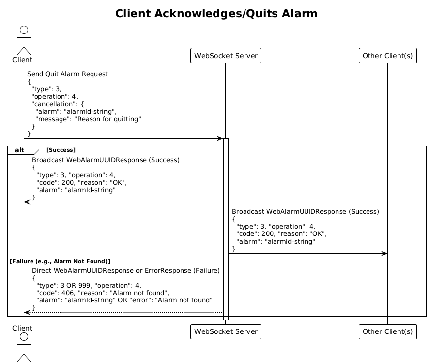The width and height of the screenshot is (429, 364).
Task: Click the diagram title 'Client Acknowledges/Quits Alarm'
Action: [x=216, y=13]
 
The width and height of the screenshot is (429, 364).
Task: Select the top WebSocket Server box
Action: [x=226, y=56]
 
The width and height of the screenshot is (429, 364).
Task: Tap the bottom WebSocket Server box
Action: [x=226, y=331]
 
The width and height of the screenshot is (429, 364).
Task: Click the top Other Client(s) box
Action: [x=387, y=56]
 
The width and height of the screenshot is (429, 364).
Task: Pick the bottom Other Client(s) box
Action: [x=387, y=331]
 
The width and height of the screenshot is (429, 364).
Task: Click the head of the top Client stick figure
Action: [x=24, y=30]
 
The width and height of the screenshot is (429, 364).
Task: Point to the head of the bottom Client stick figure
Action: [x=24, y=337]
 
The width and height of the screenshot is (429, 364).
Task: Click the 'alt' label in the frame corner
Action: [x=19, y=150]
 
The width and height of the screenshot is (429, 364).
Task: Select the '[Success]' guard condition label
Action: [x=61, y=150]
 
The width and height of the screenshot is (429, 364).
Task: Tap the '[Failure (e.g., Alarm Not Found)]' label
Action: [x=60, y=261]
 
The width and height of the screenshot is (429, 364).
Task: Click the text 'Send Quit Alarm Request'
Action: [x=67, y=74]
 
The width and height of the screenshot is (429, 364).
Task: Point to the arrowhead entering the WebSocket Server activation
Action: [x=220, y=138]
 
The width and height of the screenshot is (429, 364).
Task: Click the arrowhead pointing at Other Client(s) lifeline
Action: [x=384, y=253]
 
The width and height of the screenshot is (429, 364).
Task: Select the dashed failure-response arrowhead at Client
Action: [x=27, y=312]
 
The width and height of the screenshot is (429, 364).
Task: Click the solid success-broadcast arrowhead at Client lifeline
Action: [x=27, y=202]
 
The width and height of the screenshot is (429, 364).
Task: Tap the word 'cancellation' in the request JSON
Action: [x=53, y=104]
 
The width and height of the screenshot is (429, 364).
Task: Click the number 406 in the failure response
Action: [x=68, y=293]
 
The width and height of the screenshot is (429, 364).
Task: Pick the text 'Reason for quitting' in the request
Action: [x=108, y=119]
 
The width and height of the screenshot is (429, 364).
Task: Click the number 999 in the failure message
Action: [x=84, y=285]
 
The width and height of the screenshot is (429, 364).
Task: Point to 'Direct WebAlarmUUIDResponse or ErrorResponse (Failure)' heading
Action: [x=126, y=270]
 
